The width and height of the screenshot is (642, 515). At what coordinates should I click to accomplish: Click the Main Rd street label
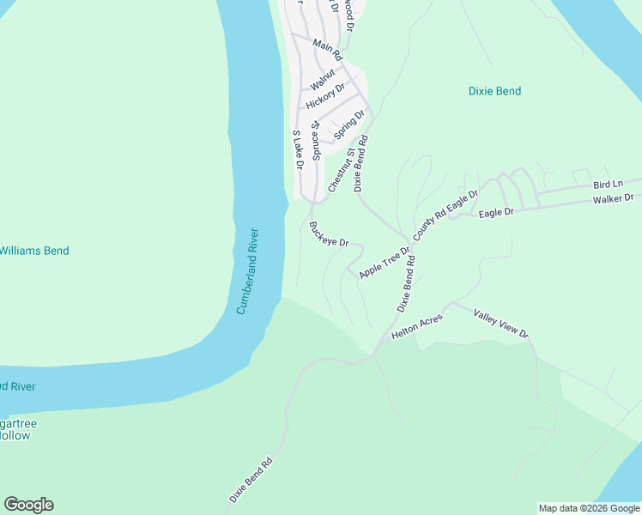click(x=328, y=50)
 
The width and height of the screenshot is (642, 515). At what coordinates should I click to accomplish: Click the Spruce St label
click(x=315, y=139)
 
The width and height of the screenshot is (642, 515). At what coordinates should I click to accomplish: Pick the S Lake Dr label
click(x=297, y=149)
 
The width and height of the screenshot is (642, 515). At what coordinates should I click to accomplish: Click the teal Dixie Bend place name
click(x=494, y=91)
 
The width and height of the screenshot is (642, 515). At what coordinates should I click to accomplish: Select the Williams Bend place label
click(x=34, y=251)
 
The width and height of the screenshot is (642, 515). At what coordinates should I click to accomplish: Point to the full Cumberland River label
click(x=248, y=270)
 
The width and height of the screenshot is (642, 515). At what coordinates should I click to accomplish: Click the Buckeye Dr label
click(x=329, y=233)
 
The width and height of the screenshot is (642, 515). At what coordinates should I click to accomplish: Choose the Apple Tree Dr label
click(x=385, y=259)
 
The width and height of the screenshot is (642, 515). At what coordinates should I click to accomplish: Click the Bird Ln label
click(x=607, y=185)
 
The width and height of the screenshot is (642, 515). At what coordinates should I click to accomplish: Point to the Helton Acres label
click(x=417, y=324)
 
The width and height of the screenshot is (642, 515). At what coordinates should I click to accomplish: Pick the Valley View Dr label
click(x=501, y=323)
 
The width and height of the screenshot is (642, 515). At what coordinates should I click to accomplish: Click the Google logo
click(x=28, y=505)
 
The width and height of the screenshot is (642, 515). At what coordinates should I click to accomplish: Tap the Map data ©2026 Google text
click(x=589, y=508)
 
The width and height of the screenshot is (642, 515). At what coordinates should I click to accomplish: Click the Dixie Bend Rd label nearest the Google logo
click(x=251, y=478)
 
